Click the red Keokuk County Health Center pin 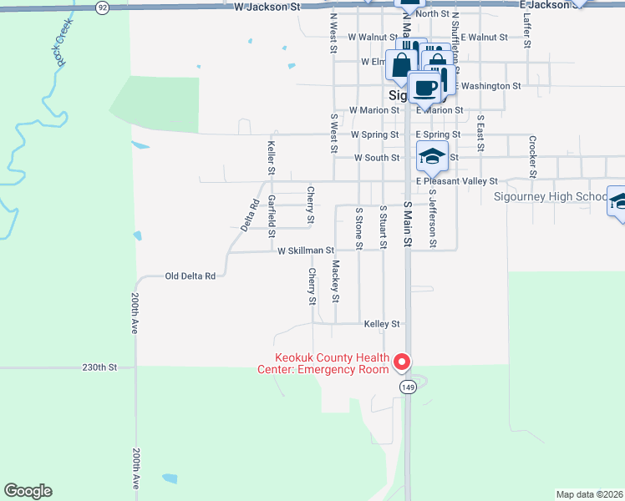coord(402,362)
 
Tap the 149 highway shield coord(408,387)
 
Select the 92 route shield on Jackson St coord(102,7)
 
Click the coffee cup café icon coord(424,87)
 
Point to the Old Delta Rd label coord(191,276)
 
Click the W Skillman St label coord(306,250)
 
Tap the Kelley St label coord(383,323)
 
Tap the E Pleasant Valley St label coord(457,180)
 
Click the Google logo coord(28,491)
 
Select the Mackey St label coord(335,281)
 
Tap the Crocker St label coord(531,151)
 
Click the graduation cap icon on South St coord(433,156)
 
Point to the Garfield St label coord(272,215)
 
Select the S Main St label coord(408,223)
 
